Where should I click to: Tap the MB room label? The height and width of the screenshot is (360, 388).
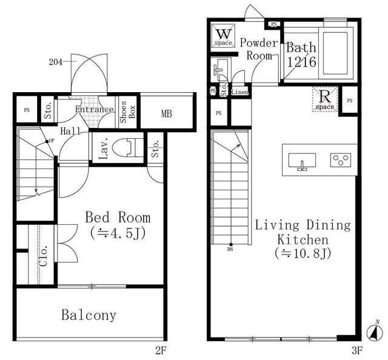(x=167, y=113)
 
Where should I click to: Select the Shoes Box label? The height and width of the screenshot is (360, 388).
(x=128, y=112)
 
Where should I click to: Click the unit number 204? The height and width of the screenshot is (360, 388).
(x=56, y=62)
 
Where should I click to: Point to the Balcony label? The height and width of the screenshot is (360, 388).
(x=89, y=315)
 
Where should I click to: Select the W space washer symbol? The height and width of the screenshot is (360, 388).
(x=224, y=36)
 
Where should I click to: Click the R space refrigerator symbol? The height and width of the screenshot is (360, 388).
(x=325, y=99)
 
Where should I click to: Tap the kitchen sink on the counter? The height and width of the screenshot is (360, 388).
(x=302, y=161)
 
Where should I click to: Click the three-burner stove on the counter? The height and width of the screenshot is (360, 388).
(x=341, y=160)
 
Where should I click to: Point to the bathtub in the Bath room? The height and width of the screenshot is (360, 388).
(x=335, y=53)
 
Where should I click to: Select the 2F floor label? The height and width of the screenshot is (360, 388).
(x=161, y=350)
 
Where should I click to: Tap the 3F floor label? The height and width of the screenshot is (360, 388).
(x=357, y=350)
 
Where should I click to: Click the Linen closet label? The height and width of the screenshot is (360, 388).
(x=240, y=92)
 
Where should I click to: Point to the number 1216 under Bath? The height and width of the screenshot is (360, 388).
(x=301, y=62)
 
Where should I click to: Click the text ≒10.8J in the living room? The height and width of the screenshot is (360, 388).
(x=303, y=253)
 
